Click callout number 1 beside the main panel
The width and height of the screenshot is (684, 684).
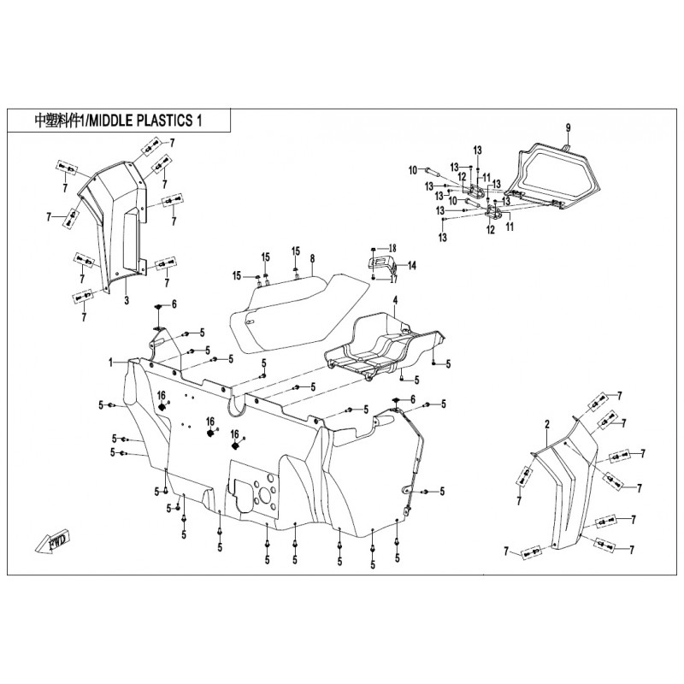click(x=111, y=363)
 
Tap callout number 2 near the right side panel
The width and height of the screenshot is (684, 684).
click(x=546, y=424)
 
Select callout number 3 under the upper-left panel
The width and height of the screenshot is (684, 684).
click(x=126, y=301)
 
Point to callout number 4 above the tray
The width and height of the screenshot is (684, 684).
click(x=396, y=301)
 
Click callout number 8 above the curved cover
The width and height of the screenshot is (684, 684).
click(x=313, y=258)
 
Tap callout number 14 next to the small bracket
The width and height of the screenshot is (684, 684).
click(x=412, y=266)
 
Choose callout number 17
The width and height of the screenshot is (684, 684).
click(x=394, y=279)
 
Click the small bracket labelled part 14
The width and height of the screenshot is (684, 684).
click(x=381, y=262)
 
